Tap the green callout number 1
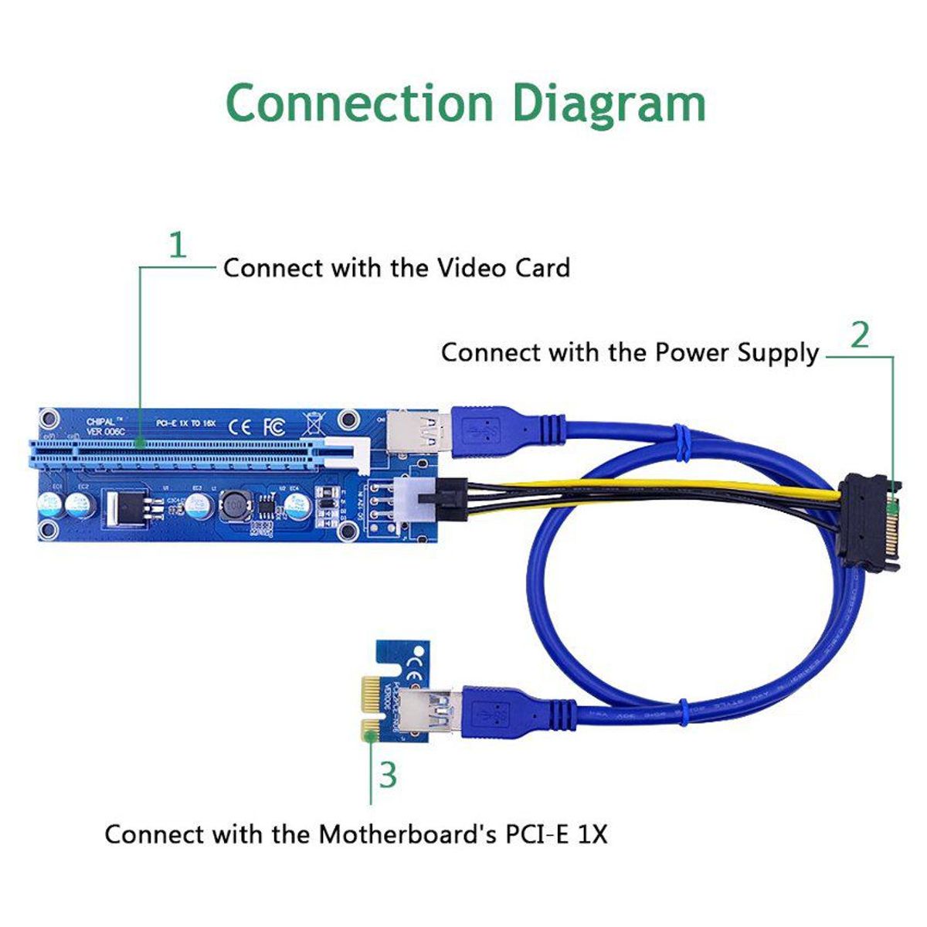pyautogui.click(x=178, y=246)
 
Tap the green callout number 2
pyautogui.click(x=860, y=334)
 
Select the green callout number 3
pyautogui.click(x=389, y=775)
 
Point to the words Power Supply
pyautogui.click(x=736, y=352)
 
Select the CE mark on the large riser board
pyautogui.click(x=241, y=425)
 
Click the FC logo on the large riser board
pyautogui.click(x=274, y=425)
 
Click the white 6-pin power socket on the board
pyautogui.click(x=416, y=500)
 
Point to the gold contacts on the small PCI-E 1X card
pyautogui.click(x=370, y=702)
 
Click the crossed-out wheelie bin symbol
pyautogui.click(x=311, y=423)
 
